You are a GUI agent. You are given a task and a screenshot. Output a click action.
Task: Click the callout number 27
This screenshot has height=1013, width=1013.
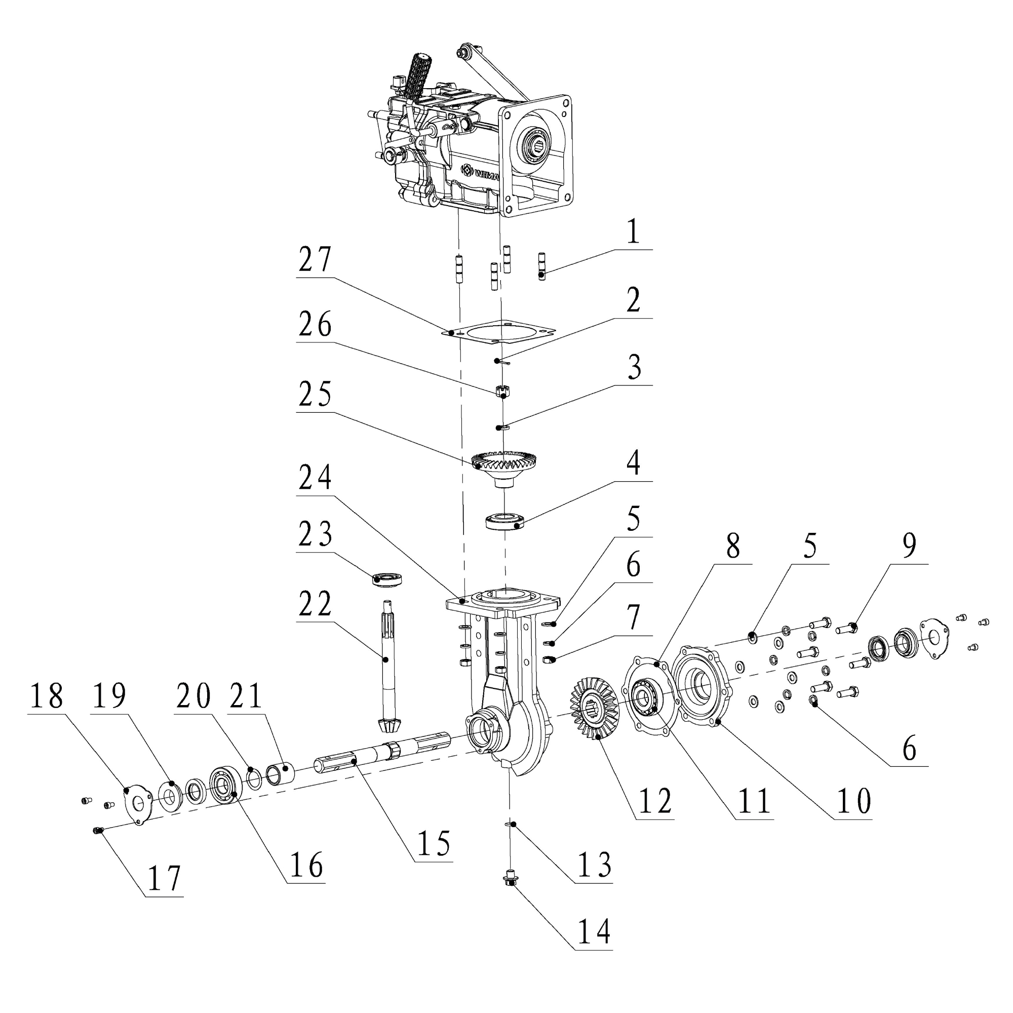tap(315, 259)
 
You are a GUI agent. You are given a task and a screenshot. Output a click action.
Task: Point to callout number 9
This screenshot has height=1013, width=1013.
tap(909, 546)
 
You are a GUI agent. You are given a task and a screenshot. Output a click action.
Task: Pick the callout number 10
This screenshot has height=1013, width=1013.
tap(854, 801)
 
